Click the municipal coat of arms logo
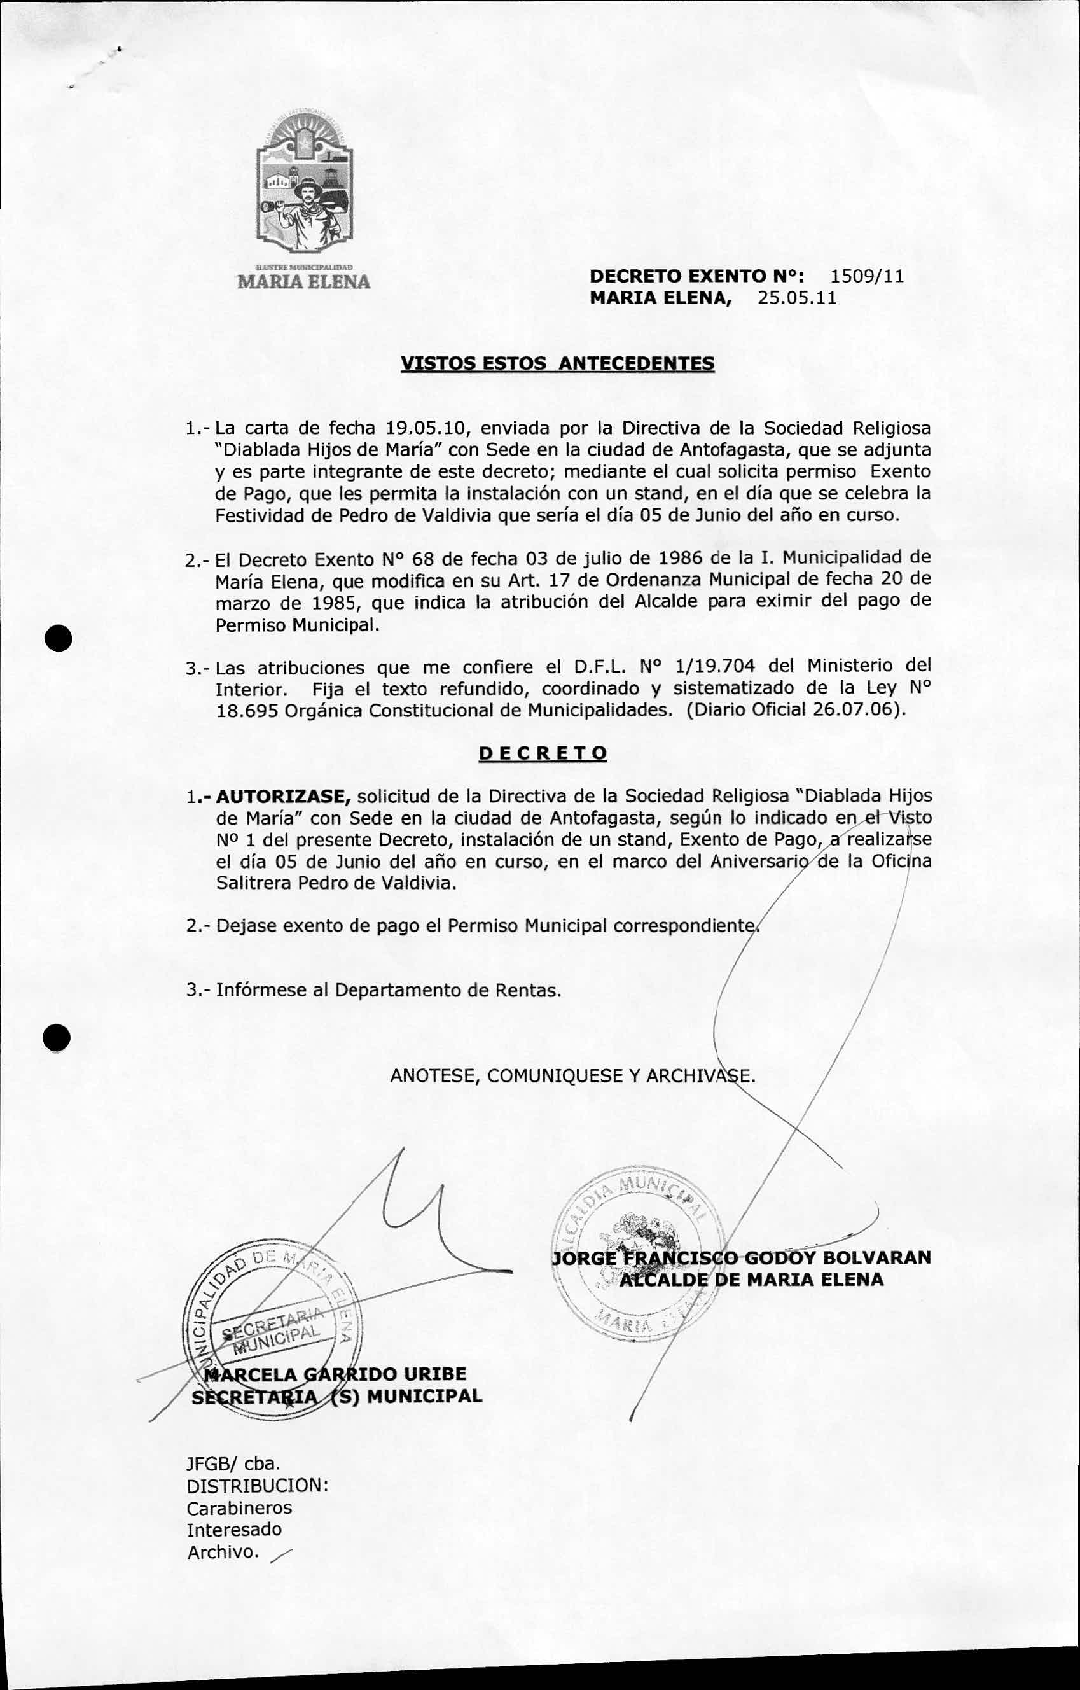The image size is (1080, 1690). (x=304, y=186)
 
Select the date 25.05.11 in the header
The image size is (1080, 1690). (x=796, y=298)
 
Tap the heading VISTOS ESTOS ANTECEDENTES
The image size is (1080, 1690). (x=557, y=363)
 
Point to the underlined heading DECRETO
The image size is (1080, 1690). (x=543, y=753)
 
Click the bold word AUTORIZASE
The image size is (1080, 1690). (x=283, y=797)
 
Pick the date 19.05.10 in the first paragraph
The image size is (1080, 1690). (x=428, y=428)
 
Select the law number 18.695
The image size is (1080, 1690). (x=246, y=710)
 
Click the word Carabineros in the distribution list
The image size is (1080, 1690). (x=239, y=1507)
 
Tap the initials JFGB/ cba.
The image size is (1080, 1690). (x=233, y=1463)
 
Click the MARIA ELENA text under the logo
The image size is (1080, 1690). (x=304, y=281)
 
